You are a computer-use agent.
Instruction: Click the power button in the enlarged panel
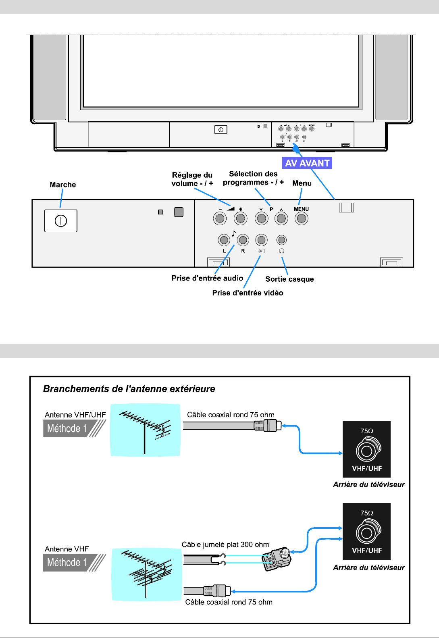coord(60,221)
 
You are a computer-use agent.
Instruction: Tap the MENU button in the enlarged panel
coord(301,218)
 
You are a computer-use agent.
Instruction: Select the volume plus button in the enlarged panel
coord(241,218)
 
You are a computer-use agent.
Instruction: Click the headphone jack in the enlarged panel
coord(281,240)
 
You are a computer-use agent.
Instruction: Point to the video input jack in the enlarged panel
coord(262,240)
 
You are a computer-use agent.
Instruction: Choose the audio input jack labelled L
coord(224,240)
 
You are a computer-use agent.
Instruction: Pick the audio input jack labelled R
coord(243,240)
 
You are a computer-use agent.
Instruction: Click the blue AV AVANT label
coord(307,163)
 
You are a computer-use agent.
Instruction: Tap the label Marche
coord(63,185)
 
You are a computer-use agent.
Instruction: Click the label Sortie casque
coord(289,279)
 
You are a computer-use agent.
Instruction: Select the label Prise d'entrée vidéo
coord(248,293)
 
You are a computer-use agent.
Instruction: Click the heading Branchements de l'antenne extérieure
coord(129,389)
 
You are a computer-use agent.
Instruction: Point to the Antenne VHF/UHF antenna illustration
coord(145,430)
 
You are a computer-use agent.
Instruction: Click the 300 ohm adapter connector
coord(277,558)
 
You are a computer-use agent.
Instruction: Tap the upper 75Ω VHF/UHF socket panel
coord(366,449)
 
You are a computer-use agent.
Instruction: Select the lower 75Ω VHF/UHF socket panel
coord(366,531)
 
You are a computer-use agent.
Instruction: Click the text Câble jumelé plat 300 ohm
coord(225,544)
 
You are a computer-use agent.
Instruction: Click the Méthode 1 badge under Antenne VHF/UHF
coord(69,428)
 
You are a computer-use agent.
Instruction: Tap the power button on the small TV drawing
coord(221,130)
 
